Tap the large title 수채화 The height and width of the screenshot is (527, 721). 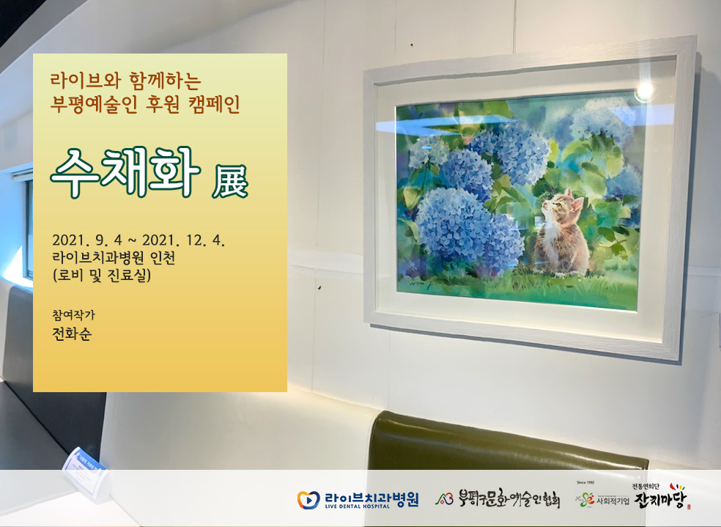(125, 172)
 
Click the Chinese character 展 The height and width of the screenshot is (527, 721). (230, 181)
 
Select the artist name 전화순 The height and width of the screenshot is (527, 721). (72, 333)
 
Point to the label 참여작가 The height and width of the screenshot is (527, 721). (73, 314)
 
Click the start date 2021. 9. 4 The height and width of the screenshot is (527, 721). (87, 240)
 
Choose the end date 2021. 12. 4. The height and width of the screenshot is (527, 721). (183, 240)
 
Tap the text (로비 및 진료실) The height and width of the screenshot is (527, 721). (102, 275)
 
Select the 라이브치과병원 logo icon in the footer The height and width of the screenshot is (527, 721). (308, 500)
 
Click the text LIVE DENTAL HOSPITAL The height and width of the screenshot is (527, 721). (358, 506)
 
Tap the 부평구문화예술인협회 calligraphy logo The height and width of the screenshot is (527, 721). (498, 498)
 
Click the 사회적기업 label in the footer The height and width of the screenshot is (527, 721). (613, 501)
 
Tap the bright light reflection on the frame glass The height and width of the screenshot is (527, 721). (644, 91)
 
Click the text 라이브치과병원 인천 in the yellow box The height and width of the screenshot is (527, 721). (114, 257)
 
